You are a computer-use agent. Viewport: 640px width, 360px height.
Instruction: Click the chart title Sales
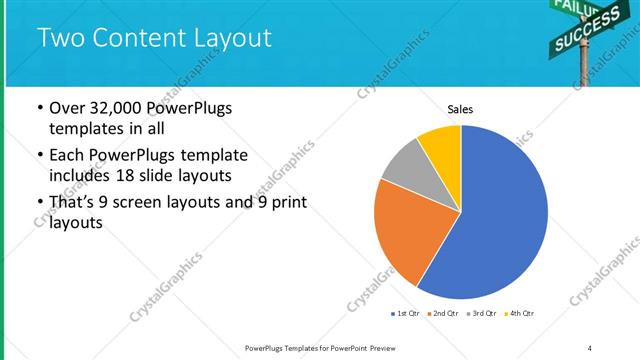(460, 109)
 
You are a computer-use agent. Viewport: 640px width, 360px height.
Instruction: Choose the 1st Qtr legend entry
(406, 314)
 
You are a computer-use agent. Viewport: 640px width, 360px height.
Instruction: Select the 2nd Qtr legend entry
(443, 314)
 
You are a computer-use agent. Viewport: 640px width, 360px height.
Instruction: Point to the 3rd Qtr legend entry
(481, 314)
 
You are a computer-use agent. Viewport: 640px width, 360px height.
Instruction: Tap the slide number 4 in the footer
(590, 348)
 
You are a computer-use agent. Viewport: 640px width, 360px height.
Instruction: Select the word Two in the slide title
(58, 39)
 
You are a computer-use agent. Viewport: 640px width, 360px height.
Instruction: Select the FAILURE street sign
(573, 7)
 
